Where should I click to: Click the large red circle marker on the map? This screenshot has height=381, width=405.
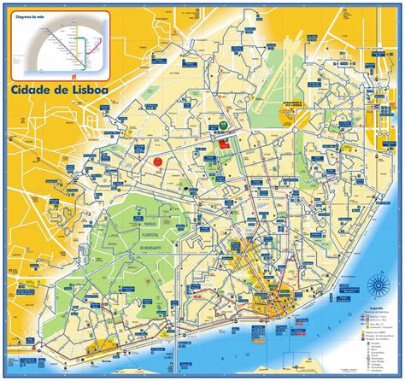158,160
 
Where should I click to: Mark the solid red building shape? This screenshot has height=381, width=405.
225,144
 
